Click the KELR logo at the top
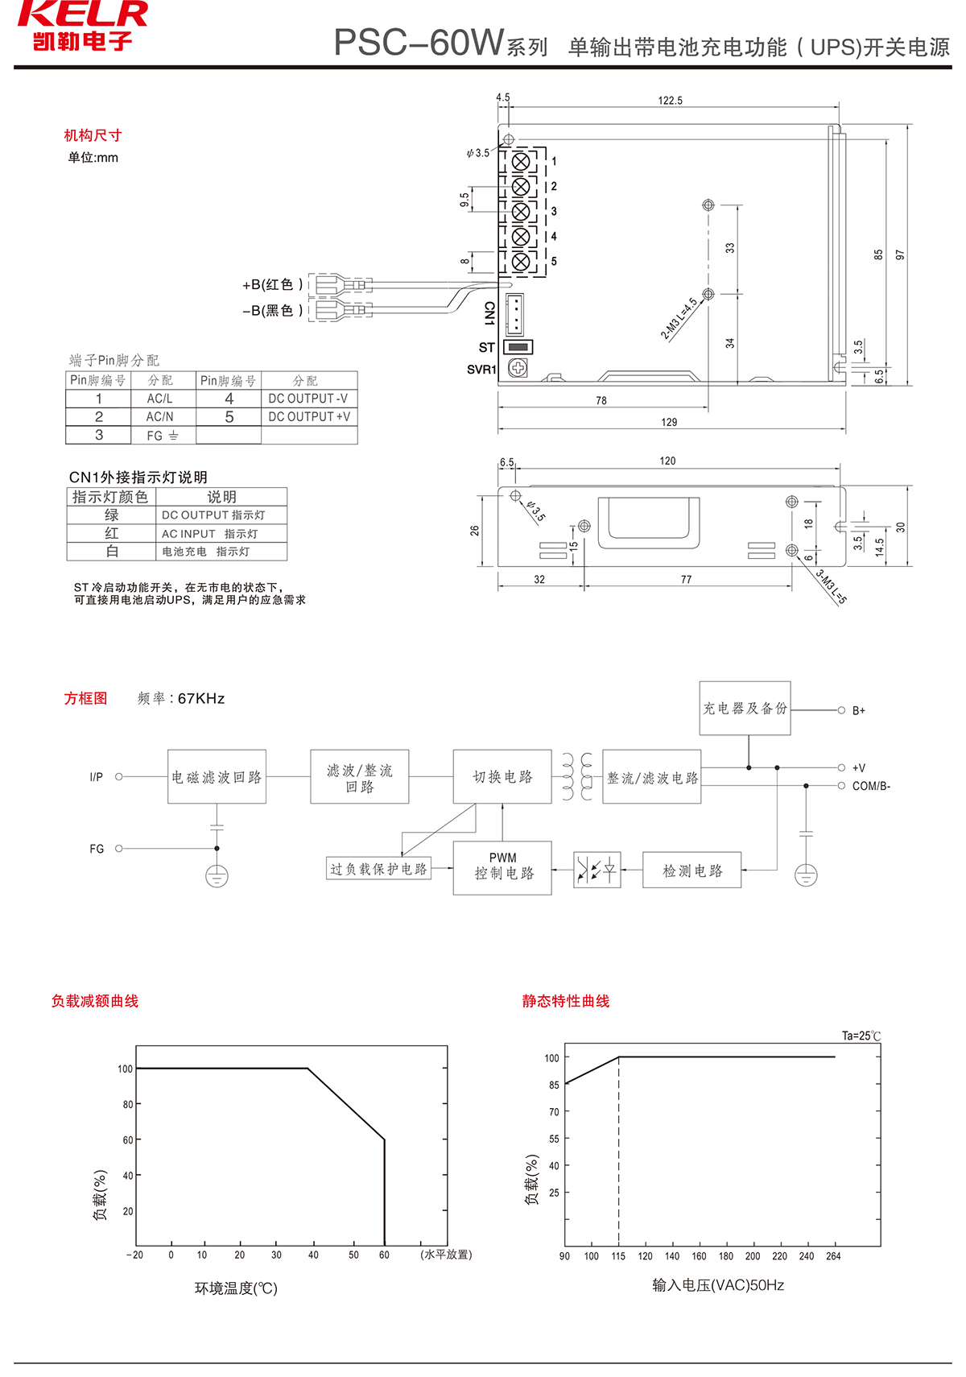(x=82, y=26)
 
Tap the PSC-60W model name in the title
(x=419, y=43)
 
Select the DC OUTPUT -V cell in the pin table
(x=308, y=399)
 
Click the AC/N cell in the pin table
(x=159, y=417)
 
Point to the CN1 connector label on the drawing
(x=489, y=313)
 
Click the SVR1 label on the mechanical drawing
(x=481, y=370)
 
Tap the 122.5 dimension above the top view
(x=670, y=101)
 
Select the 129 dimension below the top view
(x=669, y=422)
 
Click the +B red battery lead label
(x=273, y=284)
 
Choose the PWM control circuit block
(x=502, y=867)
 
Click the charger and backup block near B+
(x=745, y=709)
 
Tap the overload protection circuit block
(x=378, y=869)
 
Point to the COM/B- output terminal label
(x=871, y=786)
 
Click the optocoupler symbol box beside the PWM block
(x=597, y=870)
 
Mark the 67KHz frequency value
(x=201, y=698)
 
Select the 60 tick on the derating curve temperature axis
(x=384, y=1255)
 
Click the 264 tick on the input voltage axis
(x=833, y=1256)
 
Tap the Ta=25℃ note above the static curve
(x=861, y=1036)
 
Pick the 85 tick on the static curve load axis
(x=554, y=1085)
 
